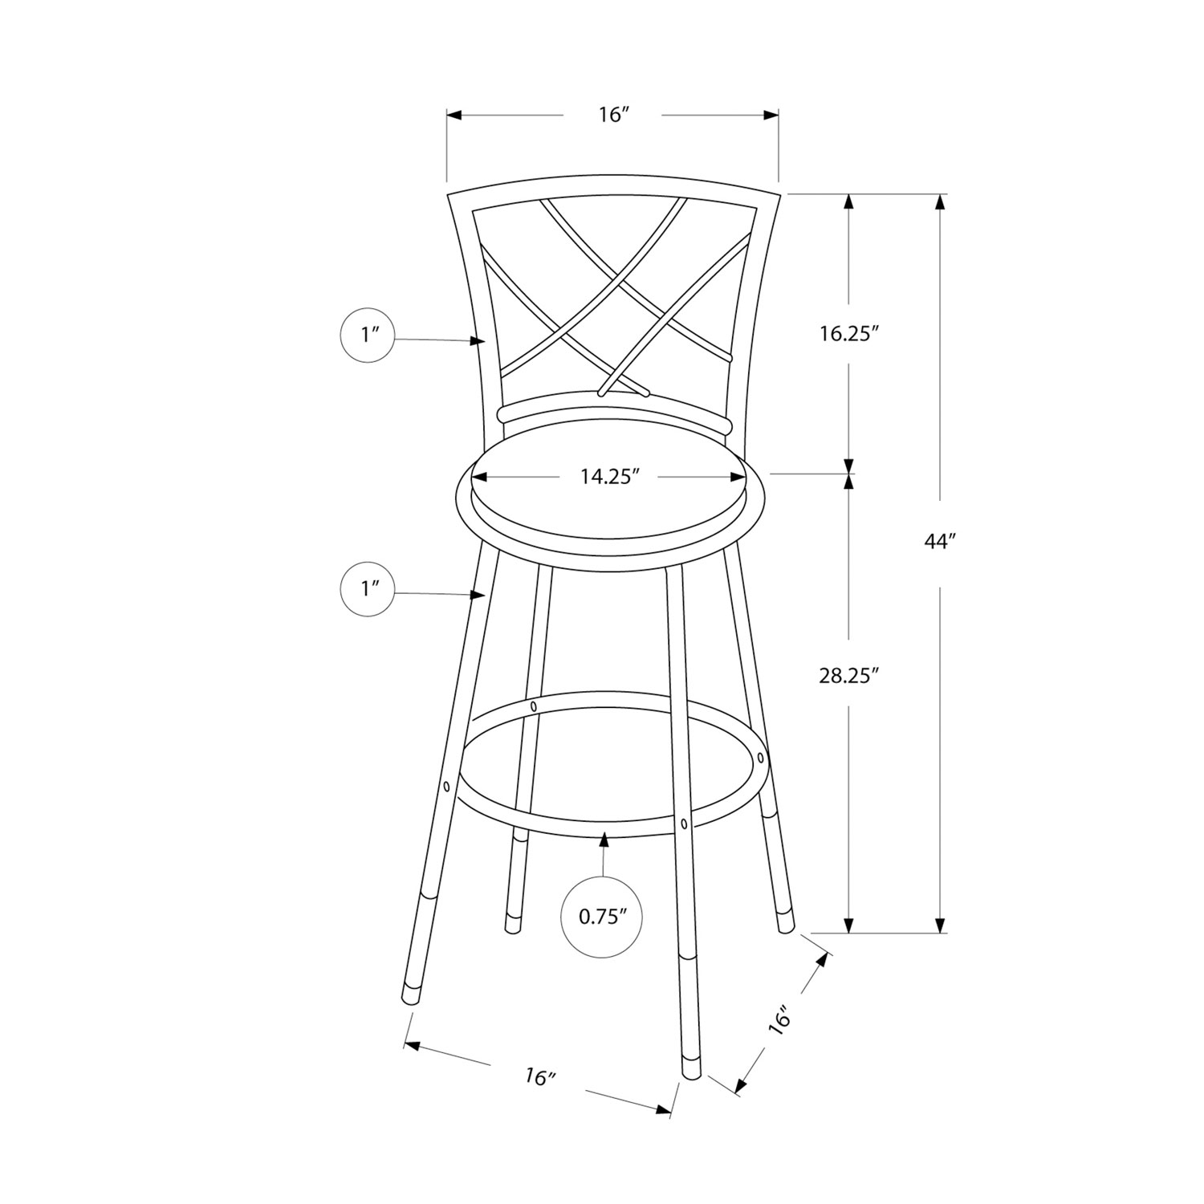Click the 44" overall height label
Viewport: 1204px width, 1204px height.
(937, 542)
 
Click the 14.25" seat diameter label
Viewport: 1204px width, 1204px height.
(609, 477)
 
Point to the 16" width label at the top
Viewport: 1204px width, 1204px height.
(612, 116)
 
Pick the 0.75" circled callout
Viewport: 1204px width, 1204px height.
(602, 917)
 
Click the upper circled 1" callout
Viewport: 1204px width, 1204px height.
(368, 336)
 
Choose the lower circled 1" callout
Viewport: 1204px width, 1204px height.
(368, 589)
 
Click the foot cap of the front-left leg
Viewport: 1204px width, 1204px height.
(411, 993)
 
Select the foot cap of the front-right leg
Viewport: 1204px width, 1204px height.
(689, 1066)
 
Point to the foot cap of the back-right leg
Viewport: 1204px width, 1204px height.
(785, 922)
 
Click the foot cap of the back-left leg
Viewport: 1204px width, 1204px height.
(510, 926)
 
